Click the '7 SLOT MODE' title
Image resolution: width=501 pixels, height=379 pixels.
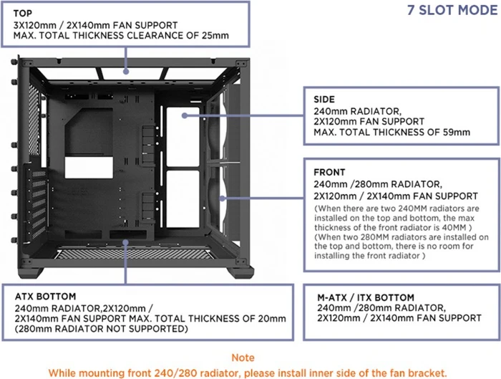452,10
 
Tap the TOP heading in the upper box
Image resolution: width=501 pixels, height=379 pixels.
23,14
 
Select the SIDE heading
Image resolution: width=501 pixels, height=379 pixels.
324,100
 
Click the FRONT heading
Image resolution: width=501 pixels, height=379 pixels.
329,173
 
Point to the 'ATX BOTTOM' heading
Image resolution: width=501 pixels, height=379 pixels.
45,297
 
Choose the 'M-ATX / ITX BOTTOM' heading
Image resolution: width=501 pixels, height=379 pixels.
366,298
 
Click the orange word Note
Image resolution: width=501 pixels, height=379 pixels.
243,358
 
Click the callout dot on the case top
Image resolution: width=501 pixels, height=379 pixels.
126,72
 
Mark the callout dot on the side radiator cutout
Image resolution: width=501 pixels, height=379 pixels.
185,115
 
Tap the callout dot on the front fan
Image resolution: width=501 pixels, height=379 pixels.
222,198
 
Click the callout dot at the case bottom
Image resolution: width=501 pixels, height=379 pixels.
125,242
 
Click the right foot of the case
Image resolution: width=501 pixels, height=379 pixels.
240,272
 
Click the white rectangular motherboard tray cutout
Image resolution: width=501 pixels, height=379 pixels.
89,167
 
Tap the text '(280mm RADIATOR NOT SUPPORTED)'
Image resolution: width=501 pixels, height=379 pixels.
102,329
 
